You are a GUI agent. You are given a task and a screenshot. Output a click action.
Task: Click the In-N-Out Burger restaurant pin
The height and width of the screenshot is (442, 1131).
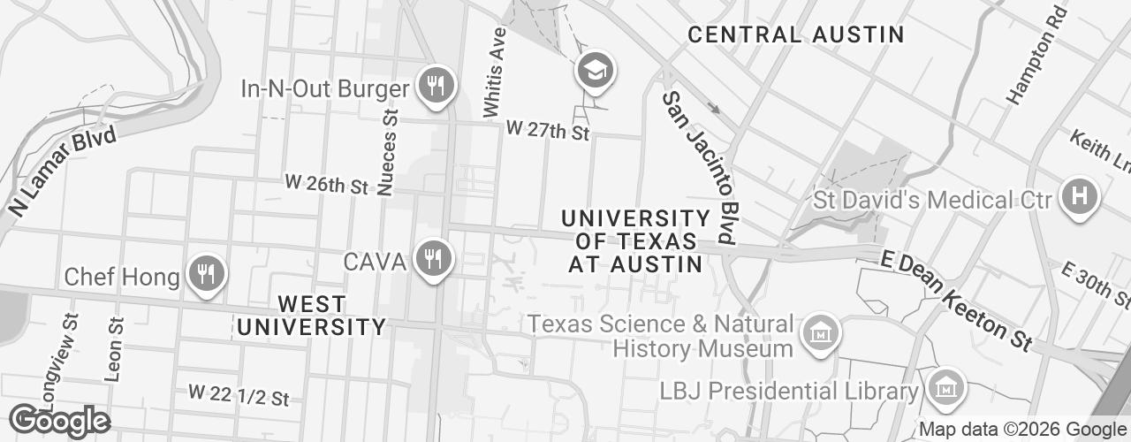[435, 87]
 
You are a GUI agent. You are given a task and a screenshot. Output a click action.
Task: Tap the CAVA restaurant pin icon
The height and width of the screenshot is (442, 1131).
[433, 259]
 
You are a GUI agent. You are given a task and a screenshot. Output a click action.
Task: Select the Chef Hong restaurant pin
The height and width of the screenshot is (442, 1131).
[206, 274]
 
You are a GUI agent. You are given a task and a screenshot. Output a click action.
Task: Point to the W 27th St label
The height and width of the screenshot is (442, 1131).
[547, 131]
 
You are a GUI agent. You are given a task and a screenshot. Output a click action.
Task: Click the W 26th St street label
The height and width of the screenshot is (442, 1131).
[326, 185]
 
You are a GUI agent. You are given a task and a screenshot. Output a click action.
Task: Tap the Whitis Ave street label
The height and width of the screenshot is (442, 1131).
[494, 72]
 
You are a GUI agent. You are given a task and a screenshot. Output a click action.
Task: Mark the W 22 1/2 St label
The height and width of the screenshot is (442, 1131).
[239, 394]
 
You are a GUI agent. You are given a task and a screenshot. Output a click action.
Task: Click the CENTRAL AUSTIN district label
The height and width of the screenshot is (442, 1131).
[795, 35]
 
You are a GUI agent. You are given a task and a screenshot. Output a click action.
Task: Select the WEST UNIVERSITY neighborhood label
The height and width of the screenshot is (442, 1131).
[311, 316]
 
